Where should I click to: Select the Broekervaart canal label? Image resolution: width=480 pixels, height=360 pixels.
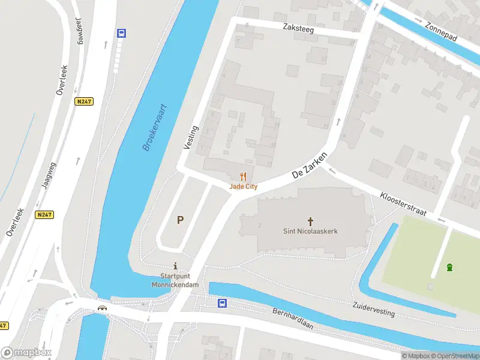(x=155, y=127)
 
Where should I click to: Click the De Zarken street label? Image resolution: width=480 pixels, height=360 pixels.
(x=309, y=164)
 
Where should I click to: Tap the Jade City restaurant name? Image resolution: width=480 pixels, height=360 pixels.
(x=243, y=187)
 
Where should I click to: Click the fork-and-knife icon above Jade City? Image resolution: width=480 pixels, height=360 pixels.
(x=243, y=176)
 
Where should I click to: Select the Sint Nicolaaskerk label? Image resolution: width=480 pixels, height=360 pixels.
(x=310, y=231)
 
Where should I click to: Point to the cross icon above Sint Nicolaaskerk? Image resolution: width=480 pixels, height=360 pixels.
(x=310, y=221)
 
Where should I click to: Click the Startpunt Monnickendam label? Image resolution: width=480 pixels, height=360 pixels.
(x=175, y=280)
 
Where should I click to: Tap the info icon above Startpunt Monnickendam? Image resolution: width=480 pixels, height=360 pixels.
(x=175, y=266)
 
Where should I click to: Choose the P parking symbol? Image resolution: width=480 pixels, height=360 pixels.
(x=179, y=220)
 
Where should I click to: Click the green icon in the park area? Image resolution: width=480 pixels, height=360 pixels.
(x=449, y=267)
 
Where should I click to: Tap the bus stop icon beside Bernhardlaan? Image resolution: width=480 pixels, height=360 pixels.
(x=222, y=304)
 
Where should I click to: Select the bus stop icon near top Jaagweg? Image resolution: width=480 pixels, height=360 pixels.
(x=121, y=34)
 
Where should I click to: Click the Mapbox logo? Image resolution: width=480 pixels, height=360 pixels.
(x=26, y=353)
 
